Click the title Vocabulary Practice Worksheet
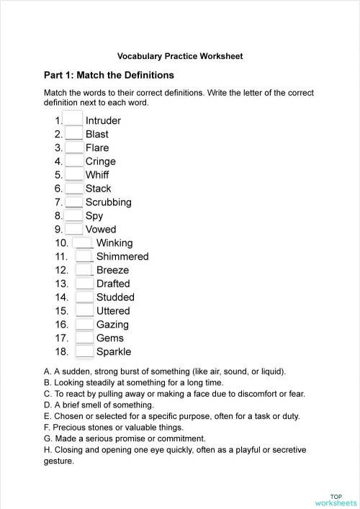pos(179,55)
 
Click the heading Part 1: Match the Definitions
pos(109,75)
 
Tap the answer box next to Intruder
pos(73,120)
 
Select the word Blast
pos(97,134)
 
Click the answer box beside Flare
pos(74,148)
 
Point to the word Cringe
pos(100,161)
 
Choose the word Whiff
pos(97,175)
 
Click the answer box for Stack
pos(74,189)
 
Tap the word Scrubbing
pos(108,202)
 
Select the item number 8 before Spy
pos(58,216)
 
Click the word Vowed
pos(101,230)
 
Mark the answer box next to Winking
pos(84,243)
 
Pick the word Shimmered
pos(122,256)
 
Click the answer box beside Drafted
pos(84,284)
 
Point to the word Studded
pos(115,297)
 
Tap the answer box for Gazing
pos(84,325)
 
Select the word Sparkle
pos(114,352)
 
